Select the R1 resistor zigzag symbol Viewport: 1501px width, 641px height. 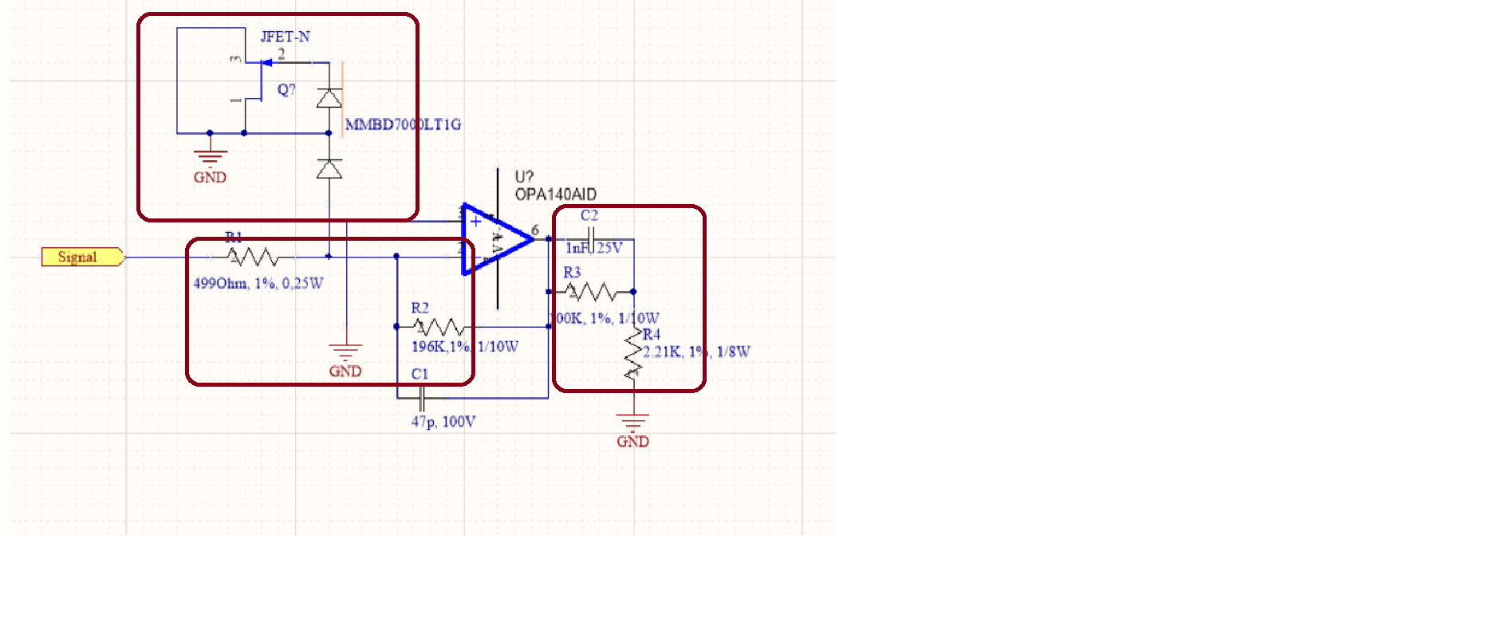tap(253, 257)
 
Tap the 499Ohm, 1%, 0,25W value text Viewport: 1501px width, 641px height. tap(258, 283)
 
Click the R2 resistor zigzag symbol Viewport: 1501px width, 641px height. tap(439, 327)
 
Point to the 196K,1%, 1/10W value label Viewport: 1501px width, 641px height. tap(464, 347)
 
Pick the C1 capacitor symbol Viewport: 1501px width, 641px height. tap(421, 397)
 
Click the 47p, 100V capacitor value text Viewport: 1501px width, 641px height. tap(443, 422)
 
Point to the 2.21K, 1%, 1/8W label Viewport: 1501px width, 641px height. tap(696, 352)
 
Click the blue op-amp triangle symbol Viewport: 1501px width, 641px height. tap(494, 239)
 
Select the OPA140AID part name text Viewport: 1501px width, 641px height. tap(555, 195)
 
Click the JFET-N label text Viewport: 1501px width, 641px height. tap(285, 37)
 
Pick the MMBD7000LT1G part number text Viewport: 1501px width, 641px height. tap(403, 124)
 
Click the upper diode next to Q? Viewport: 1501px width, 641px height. tap(329, 98)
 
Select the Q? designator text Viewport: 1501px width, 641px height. tap(286, 89)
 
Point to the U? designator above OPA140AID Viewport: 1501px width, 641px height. tap(524, 177)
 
